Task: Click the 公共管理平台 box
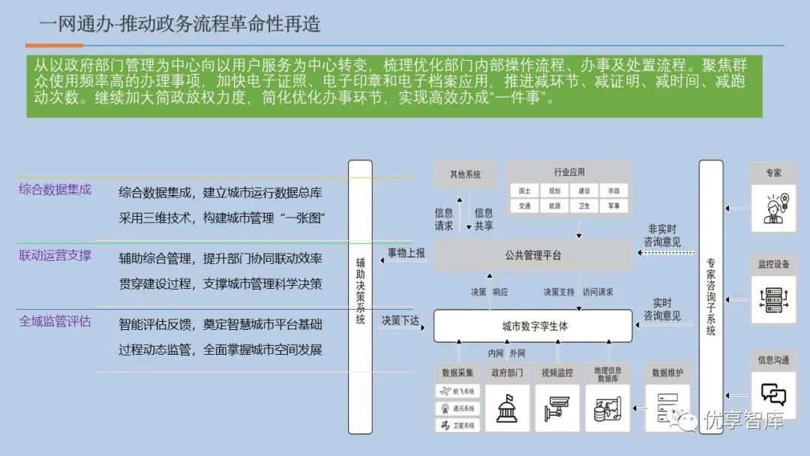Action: pyautogui.click(x=533, y=256)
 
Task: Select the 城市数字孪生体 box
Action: pyautogui.click(x=533, y=326)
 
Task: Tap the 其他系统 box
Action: pyautogui.click(x=465, y=175)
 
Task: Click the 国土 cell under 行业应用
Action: pyautogui.click(x=524, y=191)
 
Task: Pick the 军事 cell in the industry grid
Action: pyautogui.click(x=614, y=205)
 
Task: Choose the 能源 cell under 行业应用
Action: pyautogui.click(x=554, y=205)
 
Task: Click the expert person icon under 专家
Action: pyautogui.click(x=773, y=208)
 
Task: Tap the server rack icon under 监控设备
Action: pyautogui.click(x=773, y=298)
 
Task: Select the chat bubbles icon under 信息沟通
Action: pyautogui.click(x=773, y=392)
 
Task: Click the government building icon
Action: pyautogui.click(x=507, y=408)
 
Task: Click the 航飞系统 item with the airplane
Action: pyautogui.click(x=457, y=391)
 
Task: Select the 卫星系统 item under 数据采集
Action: pyautogui.click(x=457, y=426)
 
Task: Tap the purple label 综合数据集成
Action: pyautogui.click(x=55, y=190)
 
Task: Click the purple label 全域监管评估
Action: pyautogui.click(x=55, y=322)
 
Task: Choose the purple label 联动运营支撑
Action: pyautogui.click(x=55, y=256)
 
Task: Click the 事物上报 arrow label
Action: pyautogui.click(x=406, y=253)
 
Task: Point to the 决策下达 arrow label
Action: pyautogui.click(x=400, y=320)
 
